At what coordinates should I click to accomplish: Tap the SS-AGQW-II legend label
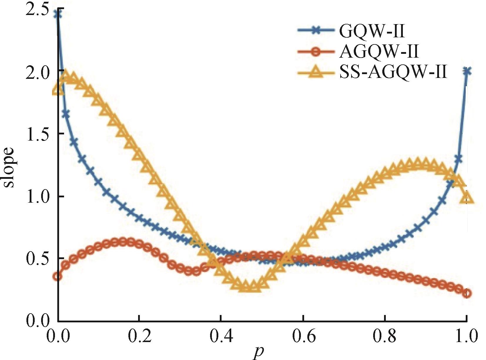coord(393,72)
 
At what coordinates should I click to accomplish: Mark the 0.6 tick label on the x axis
coord(303,336)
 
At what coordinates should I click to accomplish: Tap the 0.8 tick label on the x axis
coord(385,336)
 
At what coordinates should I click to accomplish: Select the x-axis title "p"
coord(257,352)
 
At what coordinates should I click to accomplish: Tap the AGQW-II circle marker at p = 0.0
coord(58,276)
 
